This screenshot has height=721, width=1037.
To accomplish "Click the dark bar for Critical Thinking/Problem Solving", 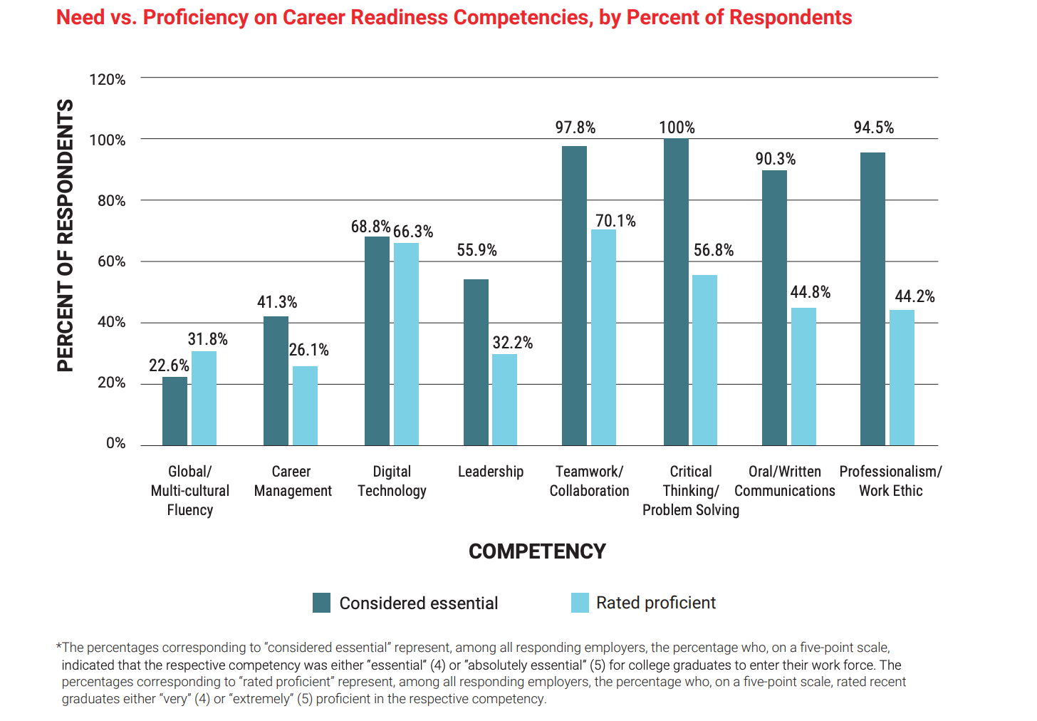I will (x=676, y=292).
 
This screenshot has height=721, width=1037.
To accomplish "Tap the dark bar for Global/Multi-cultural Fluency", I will (x=174, y=411).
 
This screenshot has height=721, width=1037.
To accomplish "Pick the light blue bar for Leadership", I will (x=504, y=400).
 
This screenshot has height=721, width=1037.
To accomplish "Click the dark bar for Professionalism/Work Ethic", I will (x=872, y=299).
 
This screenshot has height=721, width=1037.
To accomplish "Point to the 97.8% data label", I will (x=575, y=128).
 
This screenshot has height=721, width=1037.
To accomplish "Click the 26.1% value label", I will (x=309, y=350).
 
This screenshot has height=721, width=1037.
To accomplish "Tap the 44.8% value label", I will (x=811, y=292).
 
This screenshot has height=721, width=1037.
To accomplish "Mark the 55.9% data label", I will (x=476, y=250).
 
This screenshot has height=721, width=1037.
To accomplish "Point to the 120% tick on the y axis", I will (x=107, y=79).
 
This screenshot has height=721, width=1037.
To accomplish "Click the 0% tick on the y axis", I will (x=115, y=443).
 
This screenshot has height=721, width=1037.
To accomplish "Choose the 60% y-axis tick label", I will (x=111, y=261).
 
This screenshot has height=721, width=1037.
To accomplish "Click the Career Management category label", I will (x=292, y=481).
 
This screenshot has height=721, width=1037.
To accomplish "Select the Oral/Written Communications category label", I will (x=784, y=481).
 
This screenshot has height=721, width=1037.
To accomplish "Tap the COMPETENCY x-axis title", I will (x=537, y=551).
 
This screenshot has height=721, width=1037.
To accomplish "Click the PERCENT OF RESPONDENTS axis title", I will (x=65, y=235).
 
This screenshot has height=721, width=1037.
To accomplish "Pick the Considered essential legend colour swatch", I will (x=321, y=603).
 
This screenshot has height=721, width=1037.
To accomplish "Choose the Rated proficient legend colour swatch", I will (x=580, y=603).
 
